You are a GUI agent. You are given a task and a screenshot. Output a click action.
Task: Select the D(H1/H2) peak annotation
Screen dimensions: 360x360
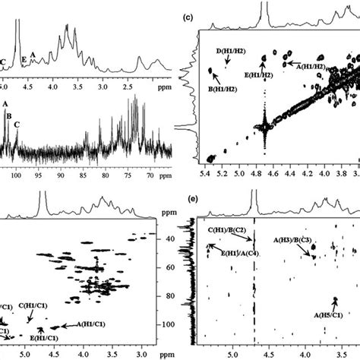tap(230, 52)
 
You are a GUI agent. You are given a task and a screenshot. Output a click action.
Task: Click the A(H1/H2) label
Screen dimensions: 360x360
tap(310, 67)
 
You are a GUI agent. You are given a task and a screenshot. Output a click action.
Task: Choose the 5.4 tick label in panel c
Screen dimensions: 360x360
tap(204, 174)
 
